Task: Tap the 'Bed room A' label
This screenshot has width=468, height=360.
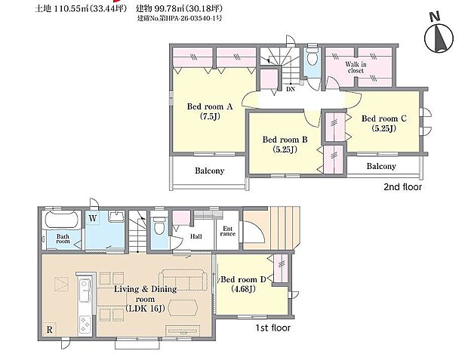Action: point(209,111)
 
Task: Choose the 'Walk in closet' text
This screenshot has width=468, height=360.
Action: point(356,68)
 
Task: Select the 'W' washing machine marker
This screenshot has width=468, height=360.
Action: point(92,218)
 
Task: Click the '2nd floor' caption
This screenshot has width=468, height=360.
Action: point(403,186)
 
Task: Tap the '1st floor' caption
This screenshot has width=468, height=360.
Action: point(271,328)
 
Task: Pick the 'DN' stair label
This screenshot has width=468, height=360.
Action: point(291,89)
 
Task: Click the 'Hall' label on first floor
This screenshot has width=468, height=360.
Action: point(196,236)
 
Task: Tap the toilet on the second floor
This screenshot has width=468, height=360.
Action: point(312,58)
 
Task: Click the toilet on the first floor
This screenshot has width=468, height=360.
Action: point(158,226)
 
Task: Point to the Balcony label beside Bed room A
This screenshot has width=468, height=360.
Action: point(209,171)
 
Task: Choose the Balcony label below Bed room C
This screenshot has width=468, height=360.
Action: point(381,166)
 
